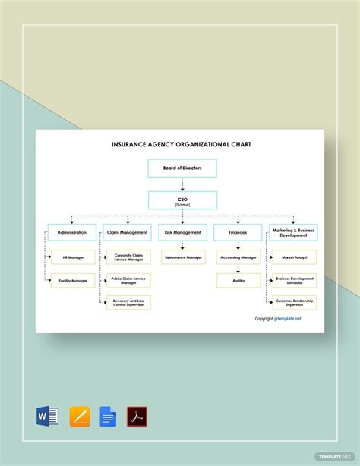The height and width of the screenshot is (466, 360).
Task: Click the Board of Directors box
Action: click(182, 168)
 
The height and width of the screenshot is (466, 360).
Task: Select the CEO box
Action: click(182, 200)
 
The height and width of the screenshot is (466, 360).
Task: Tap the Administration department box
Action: click(72, 232)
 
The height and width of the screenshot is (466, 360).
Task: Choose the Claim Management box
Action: click(128, 232)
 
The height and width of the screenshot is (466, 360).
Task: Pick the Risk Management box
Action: click(182, 232)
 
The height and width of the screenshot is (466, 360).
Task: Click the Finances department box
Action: click(238, 232)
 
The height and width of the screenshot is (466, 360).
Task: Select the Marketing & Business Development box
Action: click(293, 232)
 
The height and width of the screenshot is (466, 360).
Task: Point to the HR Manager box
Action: click(74, 257)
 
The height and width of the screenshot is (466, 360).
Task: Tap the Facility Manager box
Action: click(74, 280)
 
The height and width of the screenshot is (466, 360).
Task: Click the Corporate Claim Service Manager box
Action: click(128, 257)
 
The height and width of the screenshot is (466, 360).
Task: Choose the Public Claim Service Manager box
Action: click(128, 280)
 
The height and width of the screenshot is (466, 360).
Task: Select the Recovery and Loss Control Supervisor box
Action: click(128, 303)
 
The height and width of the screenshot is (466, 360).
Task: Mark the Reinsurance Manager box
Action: click(183, 257)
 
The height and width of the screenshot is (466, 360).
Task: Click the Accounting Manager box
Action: click(238, 257)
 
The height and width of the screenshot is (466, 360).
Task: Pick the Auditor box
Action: click(238, 280)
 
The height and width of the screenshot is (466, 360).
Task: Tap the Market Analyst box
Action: click(295, 257)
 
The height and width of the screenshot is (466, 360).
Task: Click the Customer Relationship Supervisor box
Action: click(295, 303)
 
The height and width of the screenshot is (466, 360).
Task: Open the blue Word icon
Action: click(48, 416)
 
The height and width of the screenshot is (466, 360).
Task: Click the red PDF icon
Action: click(137, 416)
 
